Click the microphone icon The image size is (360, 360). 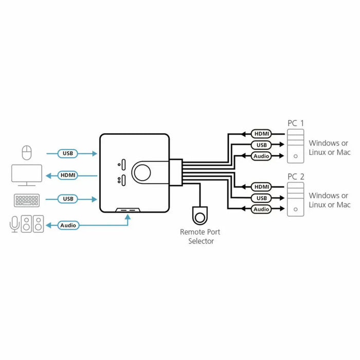click(x=14, y=224)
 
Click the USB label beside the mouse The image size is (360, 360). click(x=67, y=153)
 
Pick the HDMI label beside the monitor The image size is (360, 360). click(x=67, y=175)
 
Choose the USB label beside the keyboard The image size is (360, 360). click(x=67, y=199)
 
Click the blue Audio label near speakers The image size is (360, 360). click(x=68, y=225)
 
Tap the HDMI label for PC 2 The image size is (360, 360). click(x=262, y=187)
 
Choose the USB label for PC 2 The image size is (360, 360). click(x=262, y=198)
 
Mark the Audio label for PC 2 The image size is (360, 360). click(x=262, y=209)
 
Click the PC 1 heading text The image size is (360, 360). click(x=295, y=123)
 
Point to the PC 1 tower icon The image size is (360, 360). click(x=295, y=146)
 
